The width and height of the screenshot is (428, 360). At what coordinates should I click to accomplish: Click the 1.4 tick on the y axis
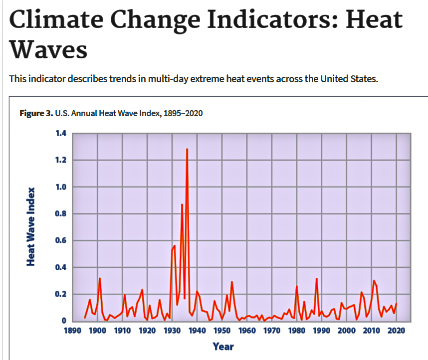point(59,133)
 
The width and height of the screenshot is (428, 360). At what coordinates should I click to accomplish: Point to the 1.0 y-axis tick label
point(59,187)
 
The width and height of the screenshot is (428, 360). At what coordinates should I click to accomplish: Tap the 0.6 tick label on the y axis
point(59,241)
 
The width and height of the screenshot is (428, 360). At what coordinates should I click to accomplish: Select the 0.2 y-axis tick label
point(59,294)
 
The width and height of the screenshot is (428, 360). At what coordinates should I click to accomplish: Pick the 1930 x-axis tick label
point(172,331)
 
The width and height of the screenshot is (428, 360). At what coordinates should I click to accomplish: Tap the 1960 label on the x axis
point(247,331)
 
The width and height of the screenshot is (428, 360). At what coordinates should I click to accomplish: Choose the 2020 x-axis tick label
point(397,331)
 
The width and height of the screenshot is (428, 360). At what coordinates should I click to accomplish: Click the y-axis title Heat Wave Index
point(31,227)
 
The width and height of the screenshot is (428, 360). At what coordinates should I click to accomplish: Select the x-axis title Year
point(223,346)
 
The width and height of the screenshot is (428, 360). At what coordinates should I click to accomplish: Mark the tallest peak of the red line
point(187,149)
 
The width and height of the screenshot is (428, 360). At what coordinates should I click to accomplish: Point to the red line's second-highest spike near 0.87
point(182,204)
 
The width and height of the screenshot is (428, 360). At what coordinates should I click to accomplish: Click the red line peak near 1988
point(317,279)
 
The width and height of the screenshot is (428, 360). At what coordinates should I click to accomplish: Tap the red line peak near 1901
point(100,278)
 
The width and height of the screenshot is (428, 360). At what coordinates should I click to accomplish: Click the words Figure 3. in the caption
point(36,113)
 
